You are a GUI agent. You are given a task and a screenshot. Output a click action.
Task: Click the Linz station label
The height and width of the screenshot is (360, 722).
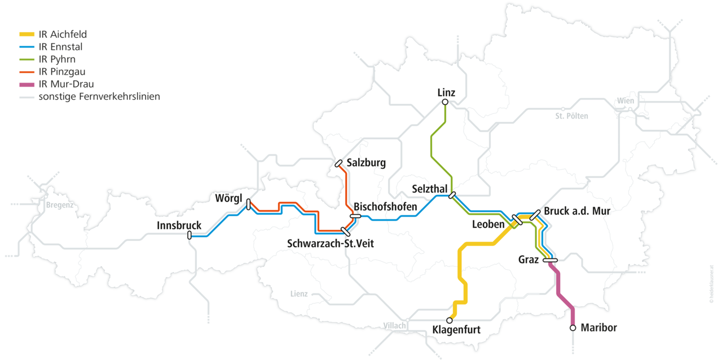pyautogui.click(x=446, y=92)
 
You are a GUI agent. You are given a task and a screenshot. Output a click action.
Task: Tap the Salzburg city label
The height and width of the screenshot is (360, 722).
pyautogui.click(x=366, y=163)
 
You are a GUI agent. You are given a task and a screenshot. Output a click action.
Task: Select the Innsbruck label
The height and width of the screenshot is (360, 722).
pyautogui.click(x=179, y=226)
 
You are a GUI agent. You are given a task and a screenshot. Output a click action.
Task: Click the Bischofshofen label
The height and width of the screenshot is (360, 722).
pyautogui.click(x=385, y=207)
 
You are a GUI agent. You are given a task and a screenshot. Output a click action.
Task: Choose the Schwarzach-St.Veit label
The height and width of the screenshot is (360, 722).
pyautogui.click(x=330, y=244)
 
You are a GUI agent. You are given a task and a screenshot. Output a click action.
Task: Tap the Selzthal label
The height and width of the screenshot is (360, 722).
pyautogui.click(x=430, y=188)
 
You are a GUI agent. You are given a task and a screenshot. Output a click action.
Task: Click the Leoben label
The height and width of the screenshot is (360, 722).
pyautogui.click(x=488, y=225)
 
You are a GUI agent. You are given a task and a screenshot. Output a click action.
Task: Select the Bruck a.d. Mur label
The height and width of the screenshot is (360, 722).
pyautogui.click(x=577, y=211)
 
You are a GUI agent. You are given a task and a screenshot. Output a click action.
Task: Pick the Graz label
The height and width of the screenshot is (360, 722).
pyautogui.click(x=529, y=260)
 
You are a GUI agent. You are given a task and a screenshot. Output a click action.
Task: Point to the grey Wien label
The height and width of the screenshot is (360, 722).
pyautogui.click(x=626, y=101)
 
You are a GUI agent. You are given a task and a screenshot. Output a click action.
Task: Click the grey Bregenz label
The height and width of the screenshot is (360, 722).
pyautogui.click(x=60, y=205)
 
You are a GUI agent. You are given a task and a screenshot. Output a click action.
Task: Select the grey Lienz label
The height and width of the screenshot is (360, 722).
pyautogui.click(x=298, y=294)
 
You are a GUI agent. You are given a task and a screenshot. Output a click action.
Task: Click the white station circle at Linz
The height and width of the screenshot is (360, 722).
pyautogui.click(x=445, y=102)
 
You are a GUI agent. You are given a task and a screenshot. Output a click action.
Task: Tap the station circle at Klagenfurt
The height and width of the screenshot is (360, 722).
pyautogui.click(x=450, y=320)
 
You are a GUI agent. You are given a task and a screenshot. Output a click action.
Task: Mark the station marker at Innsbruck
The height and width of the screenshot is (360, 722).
pyautogui.click(x=190, y=236)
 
